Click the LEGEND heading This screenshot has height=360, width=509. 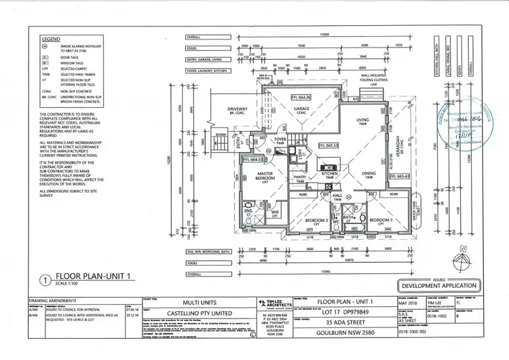52,39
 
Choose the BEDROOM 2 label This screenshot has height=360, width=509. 316,221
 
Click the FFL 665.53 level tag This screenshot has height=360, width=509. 328,145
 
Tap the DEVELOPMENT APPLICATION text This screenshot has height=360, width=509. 438,286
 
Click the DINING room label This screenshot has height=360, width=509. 369,173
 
